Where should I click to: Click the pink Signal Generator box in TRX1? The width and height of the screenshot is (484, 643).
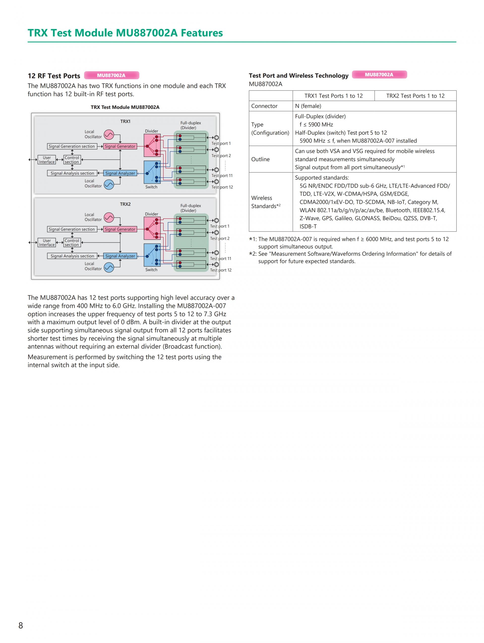pyautogui.click(x=120, y=146)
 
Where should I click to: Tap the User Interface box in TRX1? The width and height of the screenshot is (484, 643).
pyautogui.click(x=47, y=160)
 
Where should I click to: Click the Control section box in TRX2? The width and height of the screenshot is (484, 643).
pyautogui.click(x=72, y=242)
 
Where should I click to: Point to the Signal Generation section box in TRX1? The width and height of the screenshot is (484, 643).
pyautogui.click(x=72, y=146)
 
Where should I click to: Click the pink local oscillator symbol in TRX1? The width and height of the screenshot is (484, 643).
pyautogui.click(x=109, y=135)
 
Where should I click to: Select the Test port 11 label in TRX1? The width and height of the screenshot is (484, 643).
pyautogui.click(x=222, y=176)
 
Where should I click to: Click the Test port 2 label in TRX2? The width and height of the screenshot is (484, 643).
pyautogui.click(x=220, y=238)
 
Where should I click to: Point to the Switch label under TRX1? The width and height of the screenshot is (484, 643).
pyautogui.click(x=151, y=187)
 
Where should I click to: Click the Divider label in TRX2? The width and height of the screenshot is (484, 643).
pyautogui.click(x=151, y=214)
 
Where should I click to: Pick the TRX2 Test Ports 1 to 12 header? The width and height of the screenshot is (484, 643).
pyautogui.click(x=415, y=96)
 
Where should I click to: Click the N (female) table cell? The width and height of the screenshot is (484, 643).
pyautogui.click(x=308, y=106)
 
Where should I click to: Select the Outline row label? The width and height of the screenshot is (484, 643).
pyautogui.click(x=260, y=159)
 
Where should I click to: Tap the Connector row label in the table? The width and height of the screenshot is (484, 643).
pyautogui.click(x=264, y=106)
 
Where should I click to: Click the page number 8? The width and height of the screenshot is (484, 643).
pyautogui.click(x=21, y=625)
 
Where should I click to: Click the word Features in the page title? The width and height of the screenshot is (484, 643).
pyautogui.click(x=202, y=33)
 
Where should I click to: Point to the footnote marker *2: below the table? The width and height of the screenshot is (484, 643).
pyautogui.click(x=253, y=254)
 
